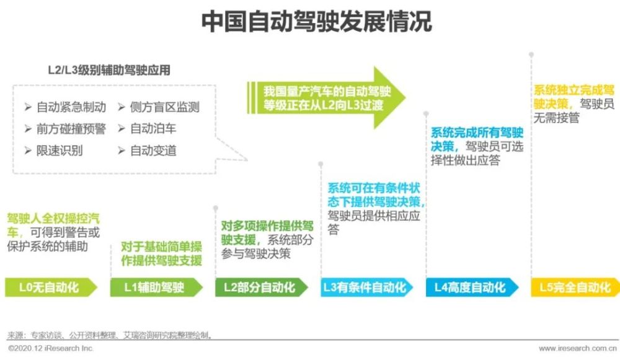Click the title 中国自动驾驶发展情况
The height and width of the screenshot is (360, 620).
pyautogui.click(x=316, y=21)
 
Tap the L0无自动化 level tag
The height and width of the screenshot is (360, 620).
pyautogui.click(x=51, y=288)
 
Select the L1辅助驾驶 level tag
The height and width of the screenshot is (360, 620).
pyautogui.click(x=156, y=288)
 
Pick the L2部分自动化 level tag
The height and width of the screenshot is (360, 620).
pyautogui.click(x=262, y=288)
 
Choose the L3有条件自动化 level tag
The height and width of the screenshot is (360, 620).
pyautogui.click(x=366, y=288)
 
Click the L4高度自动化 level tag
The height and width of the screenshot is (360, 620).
pyautogui.click(x=472, y=288)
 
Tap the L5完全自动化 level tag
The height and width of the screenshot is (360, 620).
pyautogui.click(x=575, y=288)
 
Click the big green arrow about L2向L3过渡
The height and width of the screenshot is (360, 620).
pyautogui.click(x=326, y=98)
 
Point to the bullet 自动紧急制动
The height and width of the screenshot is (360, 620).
pyautogui.click(x=65, y=107)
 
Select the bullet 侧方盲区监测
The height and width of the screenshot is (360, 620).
pyautogui.click(x=159, y=107)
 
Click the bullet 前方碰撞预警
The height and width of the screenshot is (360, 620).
pyautogui.click(x=65, y=129)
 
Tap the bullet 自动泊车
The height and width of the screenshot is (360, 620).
pyautogui.click(x=147, y=129)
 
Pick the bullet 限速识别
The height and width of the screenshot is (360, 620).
pyautogui.click(x=54, y=151)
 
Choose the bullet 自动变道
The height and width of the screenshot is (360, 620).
pyautogui.click(x=147, y=151)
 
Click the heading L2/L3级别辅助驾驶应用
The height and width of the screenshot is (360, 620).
pyautogui.click(x=109, y=71)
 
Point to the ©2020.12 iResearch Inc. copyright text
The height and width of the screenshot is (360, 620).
pyautogui.click(x=51, y=349)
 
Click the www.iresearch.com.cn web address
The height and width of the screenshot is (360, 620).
pyautogui.click(x=578, y=349)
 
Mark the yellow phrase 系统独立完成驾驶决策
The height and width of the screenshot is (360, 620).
pyautogui.click(x=573, y=97)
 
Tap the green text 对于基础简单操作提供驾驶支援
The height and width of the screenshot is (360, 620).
pyautogui.click(x=161, y=253)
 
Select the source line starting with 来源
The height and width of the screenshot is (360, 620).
pyautogui.click(x=110, y=335)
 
